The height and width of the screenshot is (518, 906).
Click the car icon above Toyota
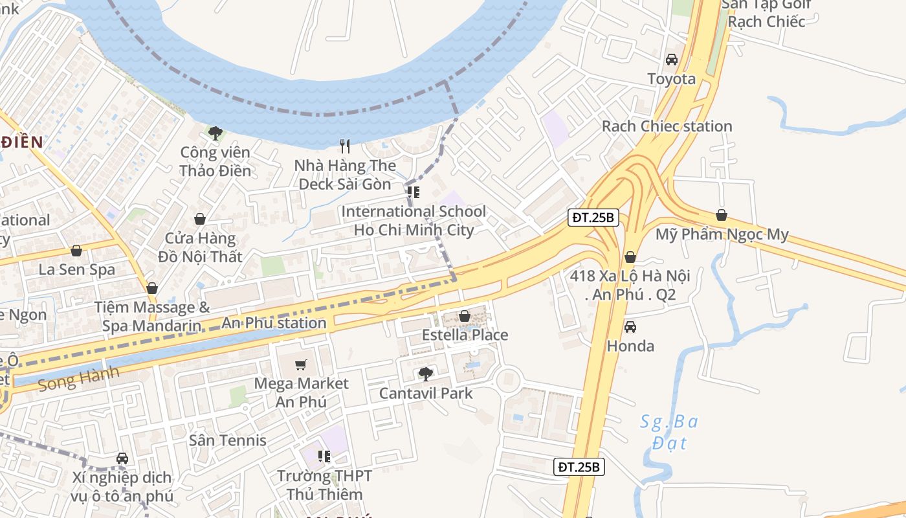(672, 60)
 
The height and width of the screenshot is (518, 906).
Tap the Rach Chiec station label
(667, 126)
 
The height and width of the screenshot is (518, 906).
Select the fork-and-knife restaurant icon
(345, 146)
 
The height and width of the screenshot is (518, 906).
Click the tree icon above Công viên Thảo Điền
(215, 133)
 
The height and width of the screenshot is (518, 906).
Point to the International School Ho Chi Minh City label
(414, 221)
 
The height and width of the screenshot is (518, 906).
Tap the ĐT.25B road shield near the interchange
(593, 218)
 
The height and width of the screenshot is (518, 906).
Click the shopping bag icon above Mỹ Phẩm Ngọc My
(722, 215)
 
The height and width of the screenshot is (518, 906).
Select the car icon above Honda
(630, 326)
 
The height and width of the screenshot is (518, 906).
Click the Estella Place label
(465, 335)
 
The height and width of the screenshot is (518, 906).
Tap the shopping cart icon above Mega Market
(300, 365)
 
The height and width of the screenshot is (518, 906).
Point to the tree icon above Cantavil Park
(426, 374)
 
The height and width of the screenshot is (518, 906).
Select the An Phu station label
(274, 322)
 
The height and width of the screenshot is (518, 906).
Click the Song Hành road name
(79, 379)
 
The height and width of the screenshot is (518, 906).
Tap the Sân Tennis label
(228, 440)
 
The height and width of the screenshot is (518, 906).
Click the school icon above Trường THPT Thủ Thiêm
(324, 456)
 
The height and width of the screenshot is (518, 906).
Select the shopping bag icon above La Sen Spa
(76, 251)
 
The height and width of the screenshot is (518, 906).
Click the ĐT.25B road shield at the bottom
(579, 466)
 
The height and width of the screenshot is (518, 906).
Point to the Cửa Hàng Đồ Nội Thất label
(200, 247)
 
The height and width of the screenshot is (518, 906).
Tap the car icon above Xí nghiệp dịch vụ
(122, 458)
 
